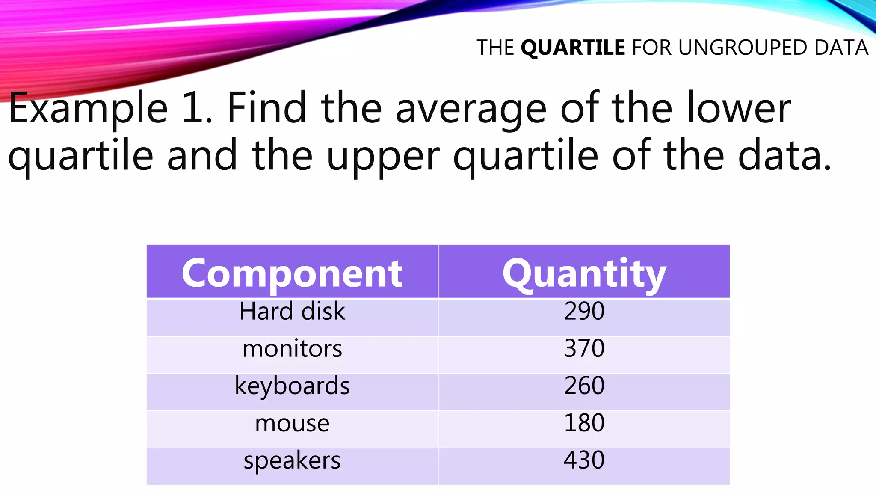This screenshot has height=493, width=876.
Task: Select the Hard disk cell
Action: (292, 311)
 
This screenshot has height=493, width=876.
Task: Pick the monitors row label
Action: (292, 348)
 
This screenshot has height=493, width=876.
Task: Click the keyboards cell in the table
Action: (292, 386)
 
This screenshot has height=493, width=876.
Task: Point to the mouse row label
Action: (292, 423)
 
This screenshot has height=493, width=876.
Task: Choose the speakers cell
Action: (292, 460)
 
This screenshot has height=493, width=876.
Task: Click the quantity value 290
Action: (584, 311)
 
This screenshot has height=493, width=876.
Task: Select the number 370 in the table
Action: (584, 348)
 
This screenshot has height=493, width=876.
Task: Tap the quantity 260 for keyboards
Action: (584, 386)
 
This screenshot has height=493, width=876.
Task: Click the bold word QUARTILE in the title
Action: (573, 48)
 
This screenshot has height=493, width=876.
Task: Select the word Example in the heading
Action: (88, 109)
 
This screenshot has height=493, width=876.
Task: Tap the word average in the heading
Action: (471, 109)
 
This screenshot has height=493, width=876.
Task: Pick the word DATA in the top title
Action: (841, 48)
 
